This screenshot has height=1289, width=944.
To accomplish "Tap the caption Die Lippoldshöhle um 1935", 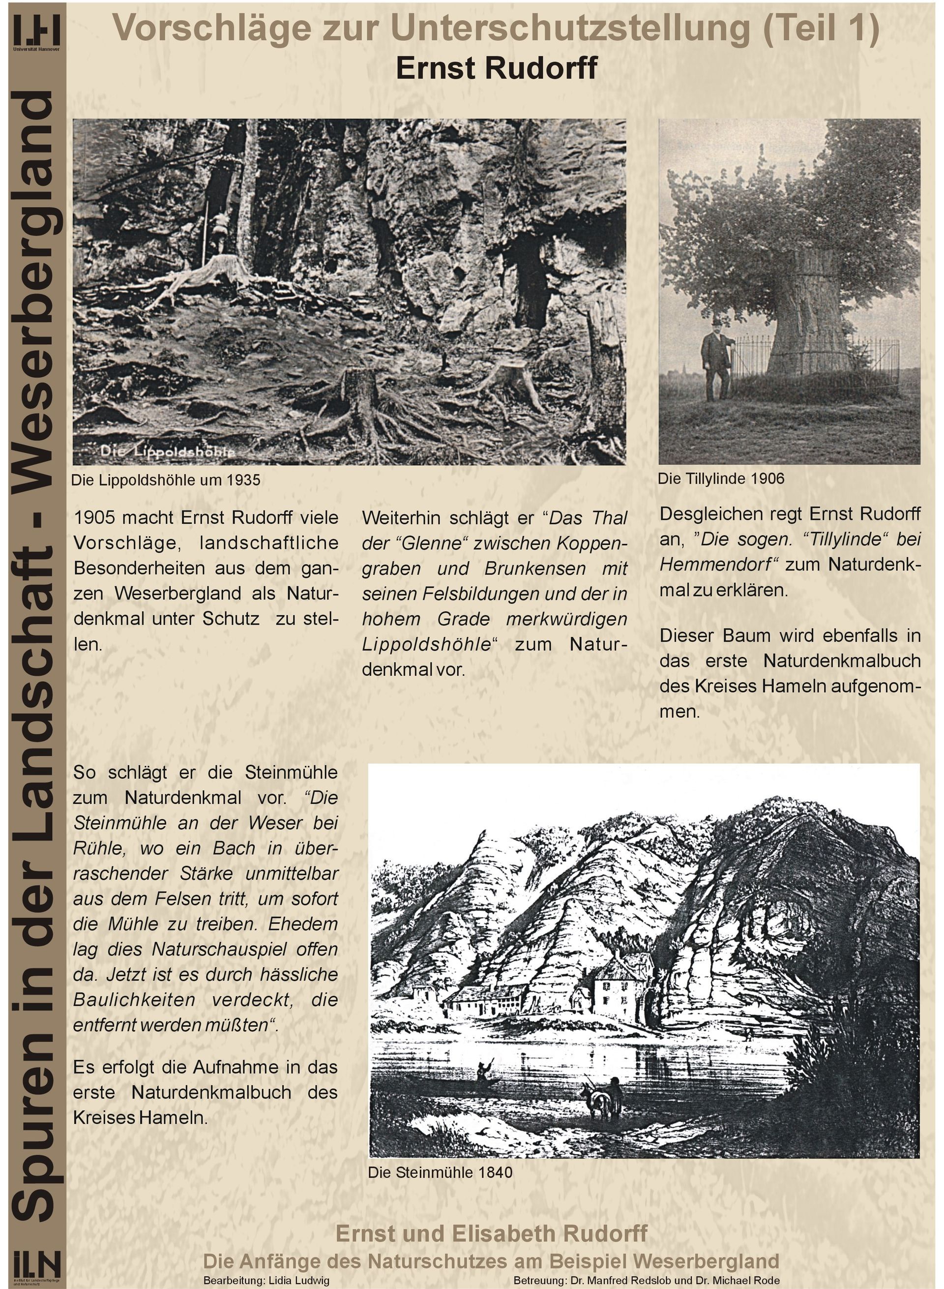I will [x=165, y=480].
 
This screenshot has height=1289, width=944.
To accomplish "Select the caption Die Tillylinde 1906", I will [x=721, y=479].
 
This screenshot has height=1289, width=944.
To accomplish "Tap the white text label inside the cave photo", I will [x=168, y=452].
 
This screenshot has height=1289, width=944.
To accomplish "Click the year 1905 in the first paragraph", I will [x=94, y=518].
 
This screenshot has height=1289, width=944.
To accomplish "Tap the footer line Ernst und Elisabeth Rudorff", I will [x=492, y=1233].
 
